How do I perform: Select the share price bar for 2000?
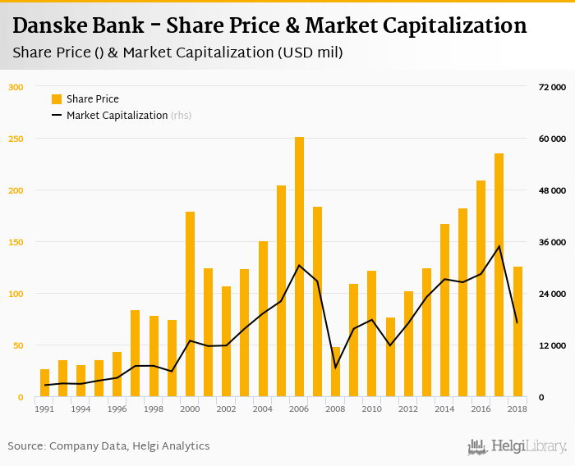click(190, 304)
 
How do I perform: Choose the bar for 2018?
click(517, 331)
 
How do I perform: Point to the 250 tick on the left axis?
click(16, 139)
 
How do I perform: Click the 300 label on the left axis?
click(16, 87)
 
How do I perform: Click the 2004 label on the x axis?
click(262, 409)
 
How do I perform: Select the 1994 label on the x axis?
click(80, 409)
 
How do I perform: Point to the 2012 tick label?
click(407, 409)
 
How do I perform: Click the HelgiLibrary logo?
click(517, 446)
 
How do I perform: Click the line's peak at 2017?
click(499, 246)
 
